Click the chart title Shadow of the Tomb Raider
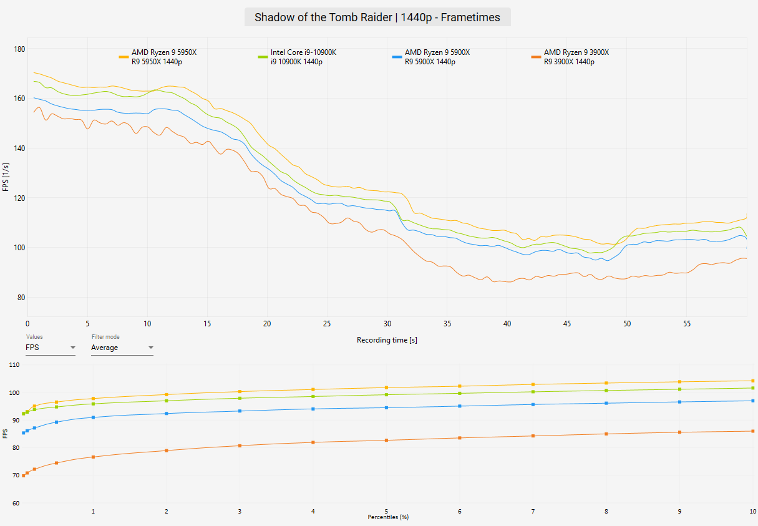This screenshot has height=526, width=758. [377, 17]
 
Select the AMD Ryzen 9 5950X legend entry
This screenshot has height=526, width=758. [158, 57]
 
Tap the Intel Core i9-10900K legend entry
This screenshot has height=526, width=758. [297, 57]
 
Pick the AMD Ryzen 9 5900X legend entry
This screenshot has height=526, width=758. [431, 57]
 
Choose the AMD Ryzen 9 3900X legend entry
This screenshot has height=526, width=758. [570, 57]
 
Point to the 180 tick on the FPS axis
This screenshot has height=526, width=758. [19, 49]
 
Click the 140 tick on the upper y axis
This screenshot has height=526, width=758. [19, 149]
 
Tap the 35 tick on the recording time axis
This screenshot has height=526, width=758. [447, 324]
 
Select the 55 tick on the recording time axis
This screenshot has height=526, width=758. [687, 324]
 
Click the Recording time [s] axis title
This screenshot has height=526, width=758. [387, 340]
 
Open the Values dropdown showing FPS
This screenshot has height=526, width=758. [51, 348]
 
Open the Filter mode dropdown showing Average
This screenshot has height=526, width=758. [122, 348]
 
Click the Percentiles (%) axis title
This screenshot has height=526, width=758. [388, 517]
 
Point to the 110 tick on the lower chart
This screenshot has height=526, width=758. [14, 365]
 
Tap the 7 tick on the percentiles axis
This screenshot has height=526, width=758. [533, 511]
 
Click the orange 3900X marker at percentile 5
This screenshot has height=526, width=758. [386, 440]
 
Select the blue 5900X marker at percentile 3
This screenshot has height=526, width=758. [240, 411]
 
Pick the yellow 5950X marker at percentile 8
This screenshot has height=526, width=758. [606, 383]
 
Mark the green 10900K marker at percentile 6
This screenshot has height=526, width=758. [460, 393]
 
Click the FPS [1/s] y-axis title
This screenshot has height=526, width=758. [6, 177]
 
